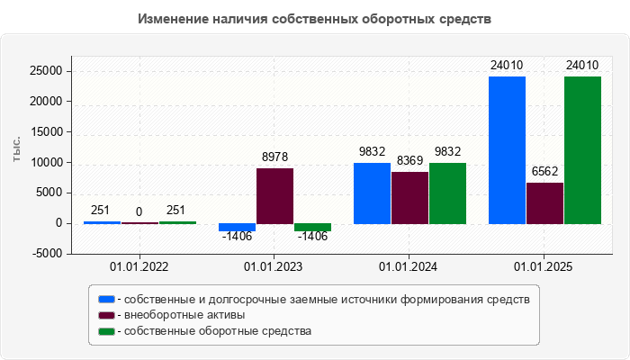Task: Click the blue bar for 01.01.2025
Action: coord(507,149)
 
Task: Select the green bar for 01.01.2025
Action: coord(582,149)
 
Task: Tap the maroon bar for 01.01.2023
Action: coord(274,195)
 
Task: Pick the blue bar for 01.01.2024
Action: coord(372,193)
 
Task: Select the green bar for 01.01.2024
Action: coord(447,193)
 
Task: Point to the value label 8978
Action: coord(274,157)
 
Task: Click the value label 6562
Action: coord(544,171)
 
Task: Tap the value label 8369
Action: coord(409,160)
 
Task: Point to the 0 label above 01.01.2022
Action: coord(139,212)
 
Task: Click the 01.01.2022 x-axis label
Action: coord(139,268)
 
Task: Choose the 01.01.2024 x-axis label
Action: coord(409,268)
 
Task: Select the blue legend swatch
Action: coord(106,299)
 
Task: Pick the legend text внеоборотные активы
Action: coord(184,315)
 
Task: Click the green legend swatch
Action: coord(106,331)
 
